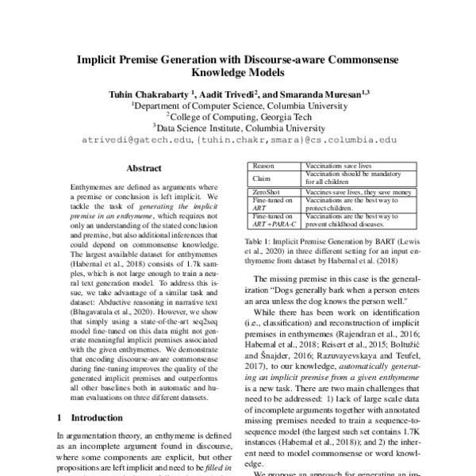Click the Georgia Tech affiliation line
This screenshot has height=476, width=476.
point(239,115)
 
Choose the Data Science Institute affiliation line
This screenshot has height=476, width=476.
point(238,127)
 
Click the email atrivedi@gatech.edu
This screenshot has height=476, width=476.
point(138,140)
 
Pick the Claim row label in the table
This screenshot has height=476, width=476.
point(261,178)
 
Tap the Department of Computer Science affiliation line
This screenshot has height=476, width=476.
point(238,104)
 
